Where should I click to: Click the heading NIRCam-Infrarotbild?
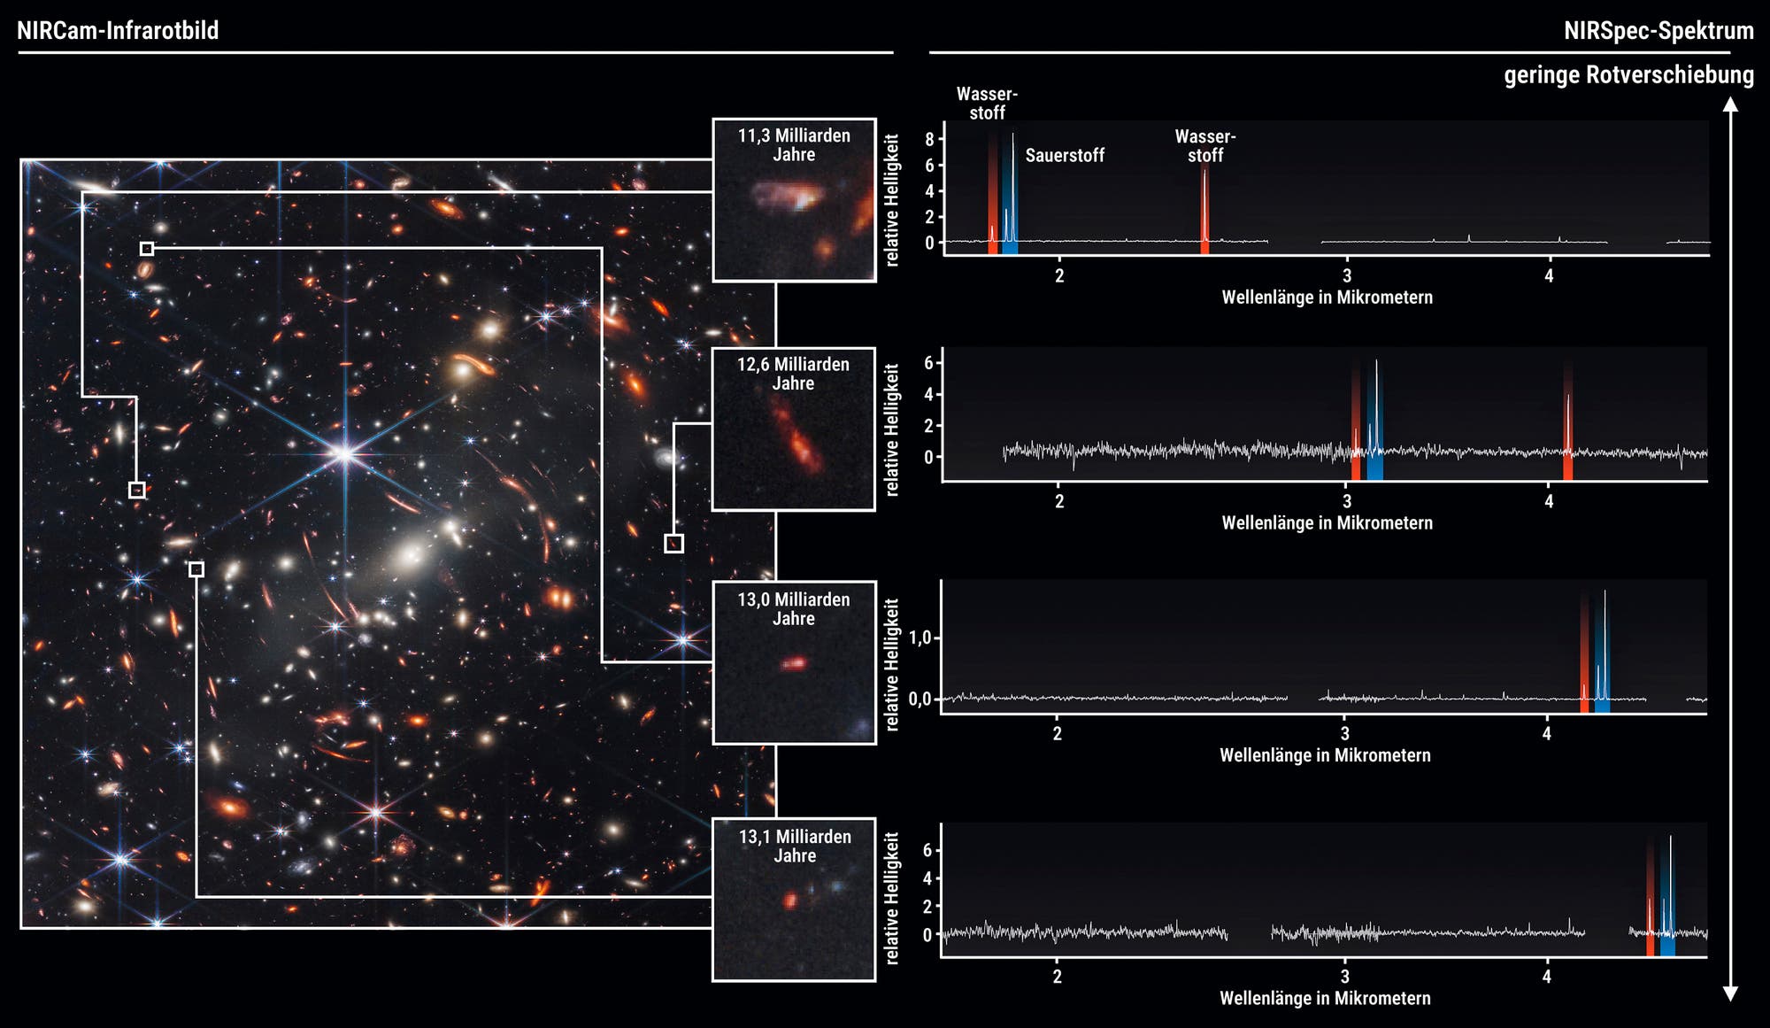118,31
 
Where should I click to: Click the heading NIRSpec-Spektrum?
1658,31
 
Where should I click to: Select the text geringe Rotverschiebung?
1628,75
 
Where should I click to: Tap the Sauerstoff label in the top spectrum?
1065,156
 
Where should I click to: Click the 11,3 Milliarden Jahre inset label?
794,145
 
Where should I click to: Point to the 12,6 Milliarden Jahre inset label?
793,374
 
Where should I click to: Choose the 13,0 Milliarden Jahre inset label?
794,609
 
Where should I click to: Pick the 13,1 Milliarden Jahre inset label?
795,846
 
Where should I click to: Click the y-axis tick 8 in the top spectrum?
929,139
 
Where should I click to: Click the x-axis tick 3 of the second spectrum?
1347,501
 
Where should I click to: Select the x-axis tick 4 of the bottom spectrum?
1546,977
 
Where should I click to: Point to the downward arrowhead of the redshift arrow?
1730,993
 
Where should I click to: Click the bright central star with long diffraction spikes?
345,454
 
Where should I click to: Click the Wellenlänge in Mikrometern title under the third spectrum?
1325,755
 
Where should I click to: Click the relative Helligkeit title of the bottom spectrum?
892,898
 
